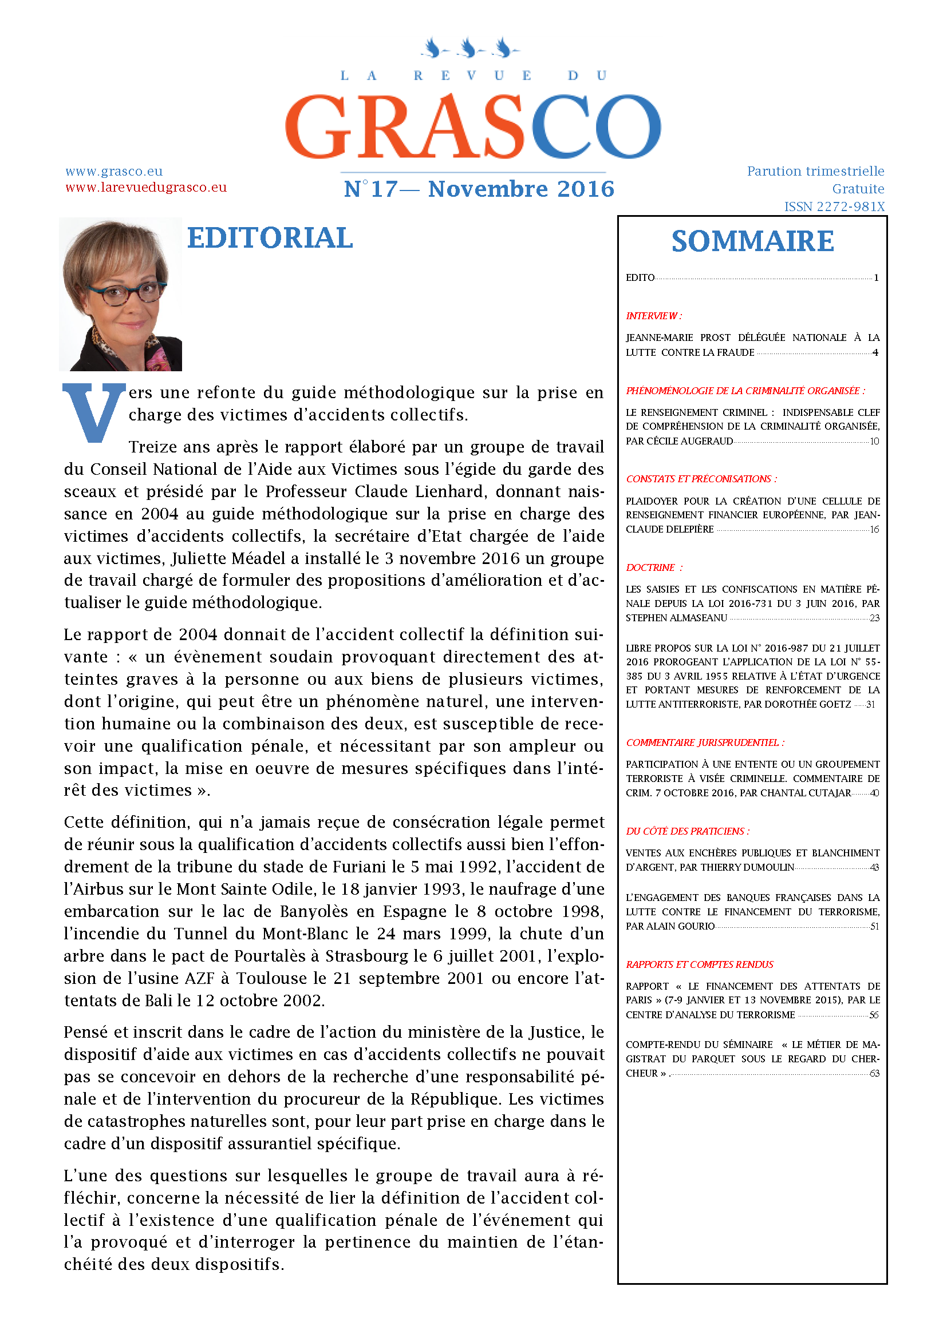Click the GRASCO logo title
coord(473,126)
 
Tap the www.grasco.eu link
coord(114,172)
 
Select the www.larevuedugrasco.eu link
coord(146,188)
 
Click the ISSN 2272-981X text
coord(834,207)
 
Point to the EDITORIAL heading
coord(270,239)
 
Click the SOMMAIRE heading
coord(752,242)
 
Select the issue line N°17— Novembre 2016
coord(479,189)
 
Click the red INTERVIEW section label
coord(654,316)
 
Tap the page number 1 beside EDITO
coord(876,278)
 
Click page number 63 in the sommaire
coord(874,1073)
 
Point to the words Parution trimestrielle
coord(815,172)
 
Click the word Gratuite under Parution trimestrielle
coord(858,189)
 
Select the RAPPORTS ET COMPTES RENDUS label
coord(699,964)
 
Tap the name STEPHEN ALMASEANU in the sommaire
coord(676,618)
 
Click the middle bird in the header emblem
coord(469,48)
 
